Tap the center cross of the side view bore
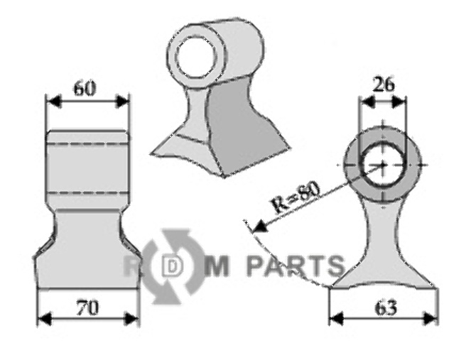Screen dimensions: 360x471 [x=383, y=165]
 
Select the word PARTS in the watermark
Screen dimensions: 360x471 [x=295, y=267]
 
